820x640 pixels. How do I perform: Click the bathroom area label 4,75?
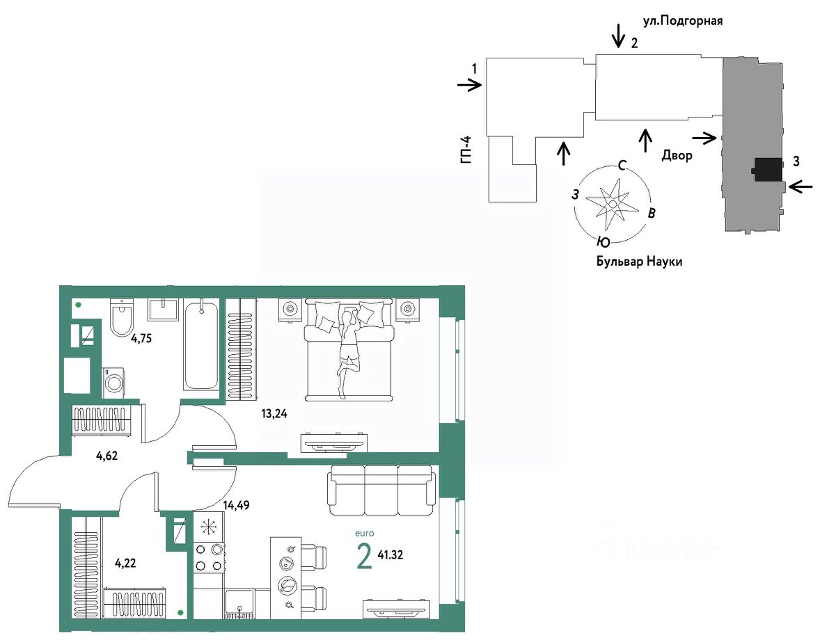point(141,339)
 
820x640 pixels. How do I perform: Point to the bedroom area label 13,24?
point(274,415)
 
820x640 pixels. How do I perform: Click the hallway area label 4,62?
point(107,456)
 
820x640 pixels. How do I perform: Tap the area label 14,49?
point(237,505)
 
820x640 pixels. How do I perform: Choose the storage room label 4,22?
point(125,563)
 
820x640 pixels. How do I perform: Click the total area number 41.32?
point(390,555)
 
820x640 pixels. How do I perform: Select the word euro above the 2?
point(365,534)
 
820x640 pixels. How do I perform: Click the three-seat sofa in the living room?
point(381,491)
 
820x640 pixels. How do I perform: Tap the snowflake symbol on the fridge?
point(210,527)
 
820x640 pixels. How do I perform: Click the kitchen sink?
point(240,604)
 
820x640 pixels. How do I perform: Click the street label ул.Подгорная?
point(682,21)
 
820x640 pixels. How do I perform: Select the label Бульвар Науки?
point(639,262)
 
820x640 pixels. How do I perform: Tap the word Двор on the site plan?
point(677,155)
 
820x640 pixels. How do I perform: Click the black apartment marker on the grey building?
point(766,169)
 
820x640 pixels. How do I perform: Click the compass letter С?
point(622,166)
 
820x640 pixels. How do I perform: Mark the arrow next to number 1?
point(470,85)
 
